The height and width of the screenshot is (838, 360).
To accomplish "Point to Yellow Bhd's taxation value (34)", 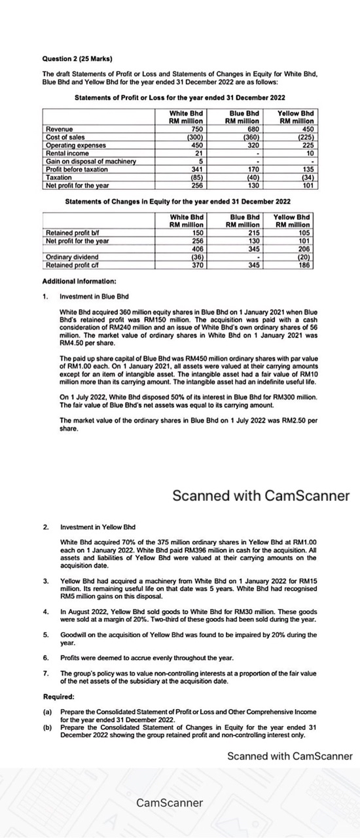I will [305, 177].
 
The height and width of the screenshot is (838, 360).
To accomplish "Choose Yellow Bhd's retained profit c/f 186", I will [303, 265].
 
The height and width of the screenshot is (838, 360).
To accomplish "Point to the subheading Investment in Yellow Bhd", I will [98, 526].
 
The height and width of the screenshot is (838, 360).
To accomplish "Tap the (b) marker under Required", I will [47, 727].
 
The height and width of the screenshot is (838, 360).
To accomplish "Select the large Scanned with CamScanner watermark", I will [261, 496].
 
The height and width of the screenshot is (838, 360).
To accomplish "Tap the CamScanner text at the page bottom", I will [170, 803].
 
